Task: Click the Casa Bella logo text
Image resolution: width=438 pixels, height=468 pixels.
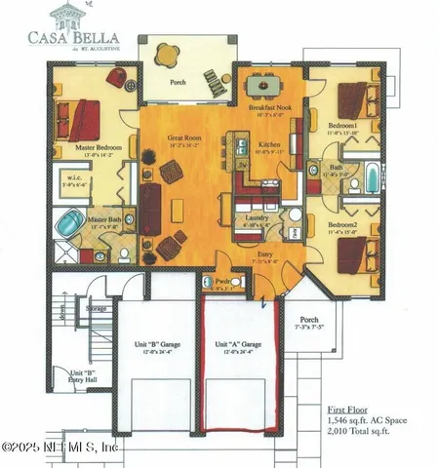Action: (x=67, y=35)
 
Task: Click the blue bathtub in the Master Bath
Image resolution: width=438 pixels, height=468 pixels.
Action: (x=67, y=224)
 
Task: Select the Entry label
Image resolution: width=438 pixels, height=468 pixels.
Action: (x=259, y=256)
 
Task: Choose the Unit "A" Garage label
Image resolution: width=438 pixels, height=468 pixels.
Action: (x=239, y=344)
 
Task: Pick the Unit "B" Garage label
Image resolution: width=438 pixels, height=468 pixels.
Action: (x=152, y=344)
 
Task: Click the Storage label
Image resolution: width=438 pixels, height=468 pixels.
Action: (x=96, y=308)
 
